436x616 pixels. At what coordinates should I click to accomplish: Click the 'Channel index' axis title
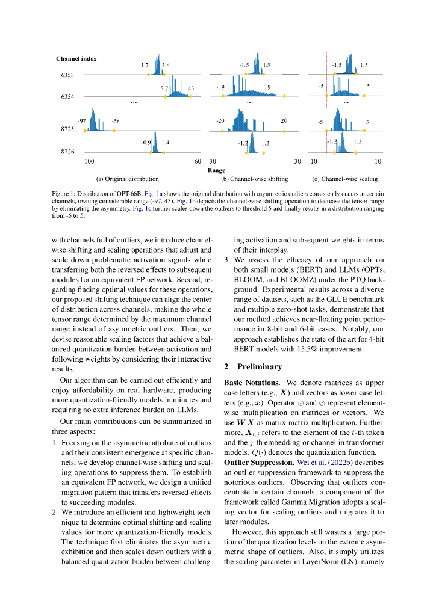[76, 58]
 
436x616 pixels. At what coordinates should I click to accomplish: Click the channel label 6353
[67, 75]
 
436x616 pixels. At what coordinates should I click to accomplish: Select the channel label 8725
[67, 129]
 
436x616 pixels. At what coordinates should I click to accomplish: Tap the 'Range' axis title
[216, 170]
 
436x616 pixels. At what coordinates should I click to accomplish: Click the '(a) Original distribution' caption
[127, 179]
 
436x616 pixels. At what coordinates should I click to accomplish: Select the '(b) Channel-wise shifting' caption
[254, 179]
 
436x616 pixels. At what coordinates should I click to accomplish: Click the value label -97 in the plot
[81, 121]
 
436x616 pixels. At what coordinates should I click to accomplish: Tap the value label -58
[115, 121]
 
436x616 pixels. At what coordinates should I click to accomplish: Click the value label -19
[220, 87]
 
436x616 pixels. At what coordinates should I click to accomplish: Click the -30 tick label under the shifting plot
[211, 161]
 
